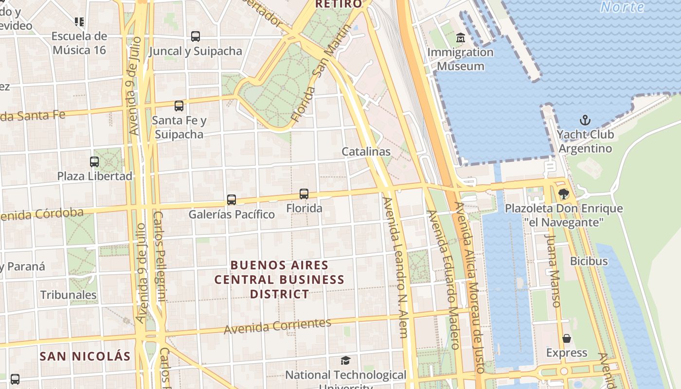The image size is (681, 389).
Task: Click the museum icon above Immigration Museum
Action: [x=460, y=37]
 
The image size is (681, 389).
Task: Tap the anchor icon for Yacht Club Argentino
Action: [x=585, y=120]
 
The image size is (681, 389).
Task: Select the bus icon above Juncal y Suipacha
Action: [x=196, y=36]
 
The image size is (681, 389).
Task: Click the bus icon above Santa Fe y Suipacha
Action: [x=179, y=106]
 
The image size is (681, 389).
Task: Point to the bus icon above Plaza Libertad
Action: [x=94, y=162]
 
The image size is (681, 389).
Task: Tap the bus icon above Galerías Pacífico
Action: [x=232, y=200]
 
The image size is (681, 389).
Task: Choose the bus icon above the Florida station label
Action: [x=304, y=194]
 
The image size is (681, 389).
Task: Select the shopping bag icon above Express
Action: [x=567, y=338]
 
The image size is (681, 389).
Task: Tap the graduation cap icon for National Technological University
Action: [x=345, y=360]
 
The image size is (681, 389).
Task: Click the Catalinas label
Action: [x=366, y=152]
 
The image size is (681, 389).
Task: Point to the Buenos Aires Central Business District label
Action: [x=280, y=280]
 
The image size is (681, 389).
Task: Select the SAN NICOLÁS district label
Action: [x=85, y=356]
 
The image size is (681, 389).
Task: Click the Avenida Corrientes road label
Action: [x=277, y=326]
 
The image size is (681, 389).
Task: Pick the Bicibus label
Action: [x=589, y=261]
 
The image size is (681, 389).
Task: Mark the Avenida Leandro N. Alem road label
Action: [x=395, y=267]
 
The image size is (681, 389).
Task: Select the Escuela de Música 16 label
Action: [x=79, y=43]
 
